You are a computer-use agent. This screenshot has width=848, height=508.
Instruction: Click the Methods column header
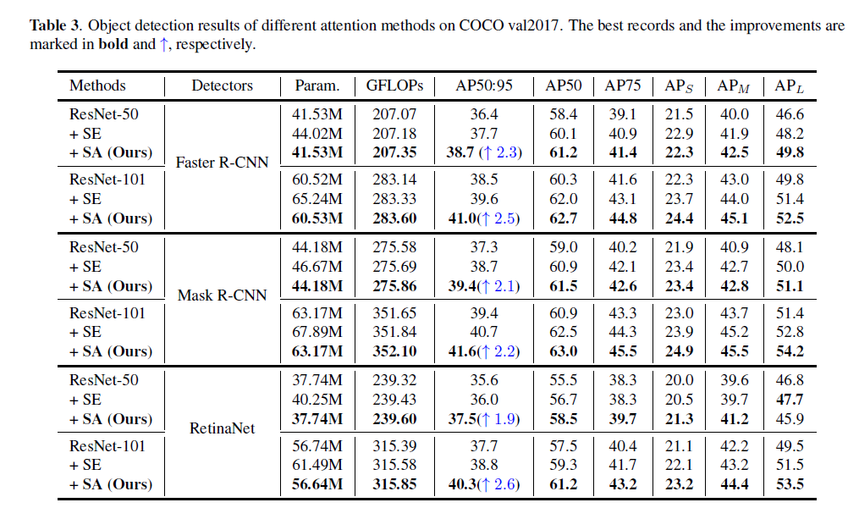(x=97, y=86)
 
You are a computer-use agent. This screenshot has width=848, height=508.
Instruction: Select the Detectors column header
(x=222, y=86)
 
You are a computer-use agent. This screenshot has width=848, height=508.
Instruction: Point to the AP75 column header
(x=623, y=86)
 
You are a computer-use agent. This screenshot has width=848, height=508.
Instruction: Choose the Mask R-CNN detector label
(x=222, y=295)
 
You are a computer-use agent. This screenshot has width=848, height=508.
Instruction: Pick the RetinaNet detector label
(x=222, y=428)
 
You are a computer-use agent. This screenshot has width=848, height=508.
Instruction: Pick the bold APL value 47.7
(x=790, y=400)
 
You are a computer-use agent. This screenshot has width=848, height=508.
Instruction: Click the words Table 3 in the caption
(x=55, y=25)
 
